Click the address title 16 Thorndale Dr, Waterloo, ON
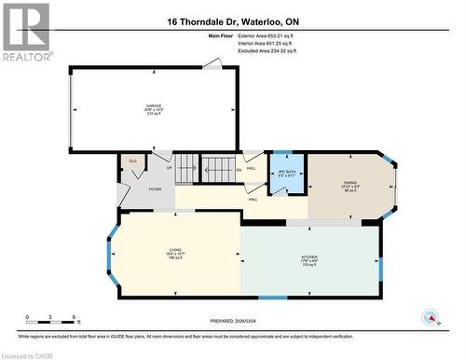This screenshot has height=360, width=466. (233, 20)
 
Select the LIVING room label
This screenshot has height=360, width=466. (173, 253)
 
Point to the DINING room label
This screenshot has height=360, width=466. (350, 184)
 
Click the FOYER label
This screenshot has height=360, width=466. (155, 188)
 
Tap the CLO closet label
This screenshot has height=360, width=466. (132, 161)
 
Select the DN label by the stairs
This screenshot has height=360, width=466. (239, 169)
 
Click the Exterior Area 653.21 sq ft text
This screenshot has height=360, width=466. (267, 35)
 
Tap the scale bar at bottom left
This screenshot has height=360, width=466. (51, 323)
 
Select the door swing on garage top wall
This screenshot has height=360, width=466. (213, 63)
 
